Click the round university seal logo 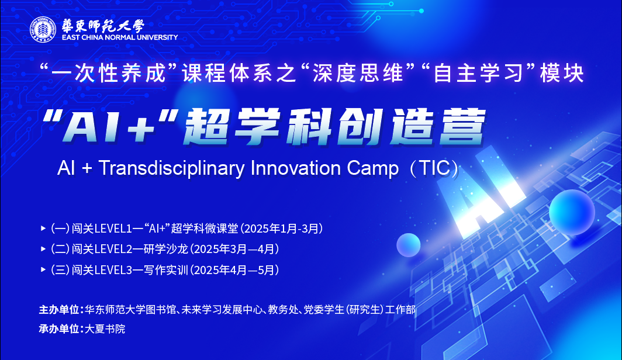[x=43, y=30]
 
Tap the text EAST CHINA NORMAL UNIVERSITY [x=120, y=37]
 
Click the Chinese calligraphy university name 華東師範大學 [x=102, y=26]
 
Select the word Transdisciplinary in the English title [x=171, y=168]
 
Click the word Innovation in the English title [x=296, y=168]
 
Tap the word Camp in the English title [x=372, y=169]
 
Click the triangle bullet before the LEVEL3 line [x=43, y=270]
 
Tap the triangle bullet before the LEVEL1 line [x=43, y=229]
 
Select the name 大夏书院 [x=105, y=328]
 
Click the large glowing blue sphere [x=572, y=213]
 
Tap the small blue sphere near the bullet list [x=409, y=245]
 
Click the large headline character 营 [x=462, y=126]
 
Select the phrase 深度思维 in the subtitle [x=358, y=74]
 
